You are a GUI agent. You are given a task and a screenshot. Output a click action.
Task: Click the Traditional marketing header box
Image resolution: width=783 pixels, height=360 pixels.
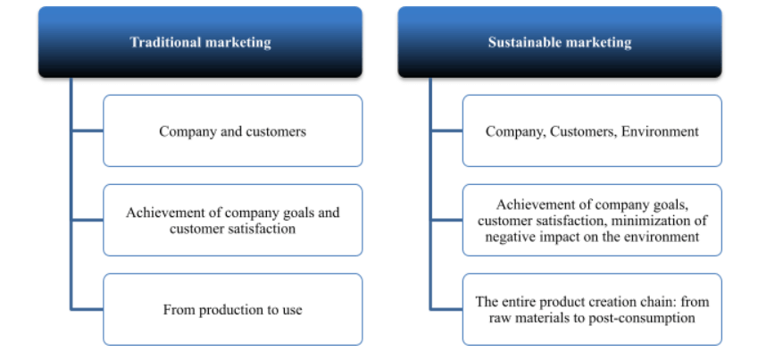200,42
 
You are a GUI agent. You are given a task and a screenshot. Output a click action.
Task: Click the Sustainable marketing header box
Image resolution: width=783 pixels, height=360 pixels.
560,42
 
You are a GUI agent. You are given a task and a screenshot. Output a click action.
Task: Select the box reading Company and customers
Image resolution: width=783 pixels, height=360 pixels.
233,130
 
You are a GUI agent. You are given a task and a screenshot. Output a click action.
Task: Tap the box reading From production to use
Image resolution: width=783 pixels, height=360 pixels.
233,310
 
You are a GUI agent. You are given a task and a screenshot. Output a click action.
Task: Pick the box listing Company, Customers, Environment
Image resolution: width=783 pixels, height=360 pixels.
592,130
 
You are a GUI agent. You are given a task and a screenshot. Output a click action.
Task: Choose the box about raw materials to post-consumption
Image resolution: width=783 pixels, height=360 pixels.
592,310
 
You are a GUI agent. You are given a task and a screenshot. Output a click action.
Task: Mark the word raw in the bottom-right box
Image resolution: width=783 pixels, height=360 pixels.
498,318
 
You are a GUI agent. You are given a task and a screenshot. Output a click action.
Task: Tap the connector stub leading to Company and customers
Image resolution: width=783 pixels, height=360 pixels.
87,130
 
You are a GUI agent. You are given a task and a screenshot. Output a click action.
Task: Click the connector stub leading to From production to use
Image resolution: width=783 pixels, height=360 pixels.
87,310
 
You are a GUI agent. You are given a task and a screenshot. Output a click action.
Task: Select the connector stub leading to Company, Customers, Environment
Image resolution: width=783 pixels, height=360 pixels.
446,130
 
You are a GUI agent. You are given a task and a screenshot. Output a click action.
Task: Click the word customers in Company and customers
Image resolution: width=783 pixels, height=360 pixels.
276,131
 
